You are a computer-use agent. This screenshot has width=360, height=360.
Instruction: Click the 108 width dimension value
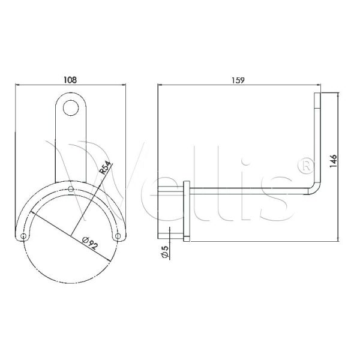point(71,79)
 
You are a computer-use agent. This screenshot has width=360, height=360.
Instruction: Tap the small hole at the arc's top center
point(71,190)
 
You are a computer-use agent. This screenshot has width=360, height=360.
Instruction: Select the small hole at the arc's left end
point(24,236)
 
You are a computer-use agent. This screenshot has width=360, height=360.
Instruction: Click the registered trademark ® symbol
point(306,163)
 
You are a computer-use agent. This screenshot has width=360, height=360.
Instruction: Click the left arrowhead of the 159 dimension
point(160,85)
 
